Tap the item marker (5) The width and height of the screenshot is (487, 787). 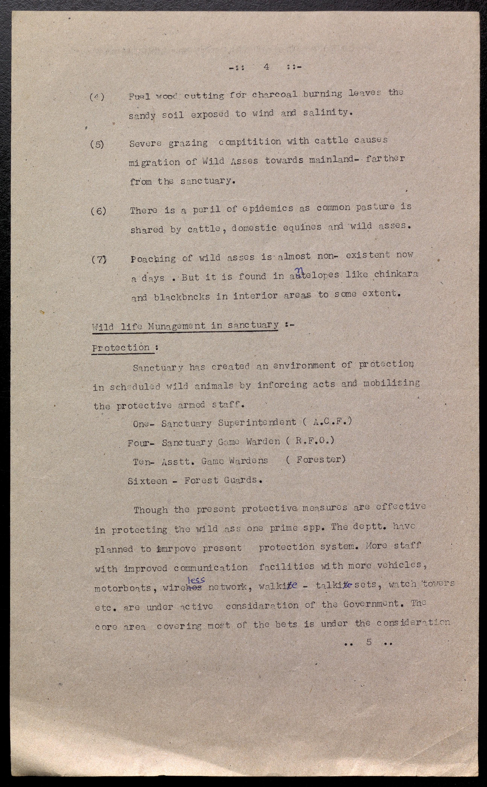97,144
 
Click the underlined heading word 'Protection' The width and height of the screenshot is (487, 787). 121,348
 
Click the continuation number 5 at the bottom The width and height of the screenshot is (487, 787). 369,642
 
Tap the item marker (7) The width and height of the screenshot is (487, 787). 99,259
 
